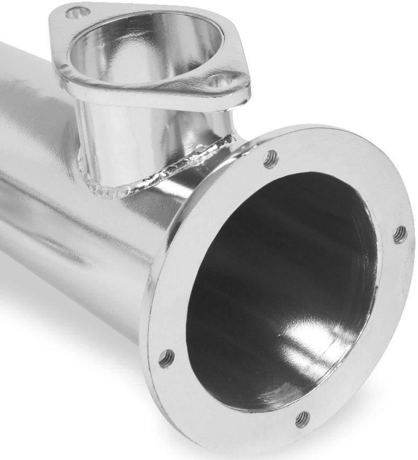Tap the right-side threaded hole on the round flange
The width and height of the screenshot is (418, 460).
coord(400,234)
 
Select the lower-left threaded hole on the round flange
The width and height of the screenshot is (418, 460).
coord(166,358)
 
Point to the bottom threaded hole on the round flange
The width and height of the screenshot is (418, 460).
coord(302,419)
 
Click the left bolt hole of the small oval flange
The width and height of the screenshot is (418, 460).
coord(78,13)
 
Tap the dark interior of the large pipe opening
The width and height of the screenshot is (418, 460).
coord(265,276)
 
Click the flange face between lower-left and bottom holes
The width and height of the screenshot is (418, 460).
coord(223,403)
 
